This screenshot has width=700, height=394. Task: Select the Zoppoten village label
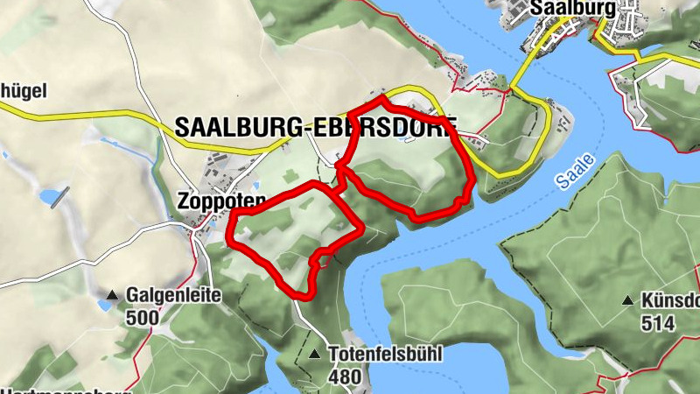(220, 200)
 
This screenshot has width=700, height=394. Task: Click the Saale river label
(573, 172)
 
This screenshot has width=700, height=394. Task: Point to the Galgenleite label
(173, 296)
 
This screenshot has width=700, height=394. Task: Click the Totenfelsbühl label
(386, 355)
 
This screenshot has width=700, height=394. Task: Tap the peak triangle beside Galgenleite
(113, 295)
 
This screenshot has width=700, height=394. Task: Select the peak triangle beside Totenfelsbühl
(315, 355)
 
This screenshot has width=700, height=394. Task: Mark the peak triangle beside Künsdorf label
(627, 301)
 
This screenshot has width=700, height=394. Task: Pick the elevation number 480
(345, 376)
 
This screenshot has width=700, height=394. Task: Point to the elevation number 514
(657, 323)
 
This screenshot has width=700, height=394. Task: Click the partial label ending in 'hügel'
(23, 90)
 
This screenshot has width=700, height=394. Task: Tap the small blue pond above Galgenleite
(105, 306)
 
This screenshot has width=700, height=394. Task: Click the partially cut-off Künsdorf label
(670, 301)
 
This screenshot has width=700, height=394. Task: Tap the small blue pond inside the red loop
(403, 137)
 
